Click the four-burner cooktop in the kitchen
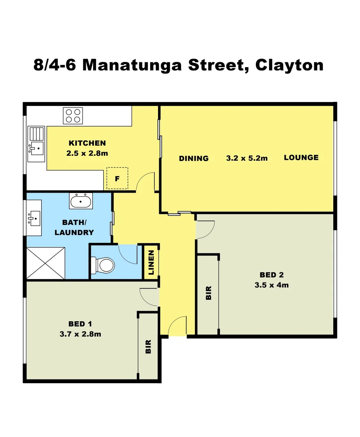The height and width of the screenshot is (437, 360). [73, 116]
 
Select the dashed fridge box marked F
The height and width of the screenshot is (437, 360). [117, 178]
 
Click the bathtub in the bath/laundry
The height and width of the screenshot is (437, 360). [81, 201]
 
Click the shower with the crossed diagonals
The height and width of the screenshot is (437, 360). [45, 263]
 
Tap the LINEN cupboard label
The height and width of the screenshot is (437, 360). [151, 262]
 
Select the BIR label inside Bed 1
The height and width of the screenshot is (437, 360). [148, 346]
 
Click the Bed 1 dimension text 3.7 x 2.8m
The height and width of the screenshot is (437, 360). [80, 334]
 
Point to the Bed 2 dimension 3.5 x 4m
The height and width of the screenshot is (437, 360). [271, 285]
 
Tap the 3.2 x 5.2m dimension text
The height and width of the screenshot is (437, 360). [247, 158]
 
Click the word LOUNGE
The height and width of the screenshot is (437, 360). [301, 157]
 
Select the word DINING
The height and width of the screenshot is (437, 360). [194, 158]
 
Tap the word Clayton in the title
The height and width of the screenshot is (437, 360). [290, 65]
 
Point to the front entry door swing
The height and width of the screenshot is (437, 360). [177, 327]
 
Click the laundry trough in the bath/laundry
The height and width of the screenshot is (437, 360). [34, 219]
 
